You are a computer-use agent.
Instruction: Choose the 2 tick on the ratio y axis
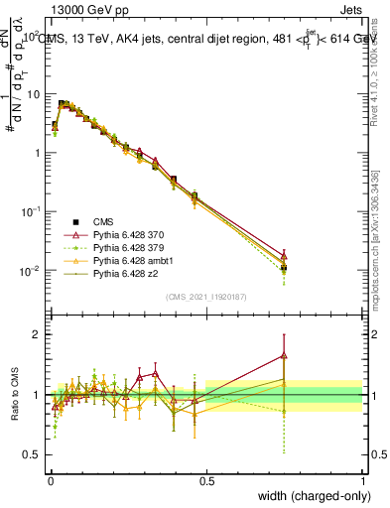38,334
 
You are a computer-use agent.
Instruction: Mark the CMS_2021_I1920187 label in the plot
205,297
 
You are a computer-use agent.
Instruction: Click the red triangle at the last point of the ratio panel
284,354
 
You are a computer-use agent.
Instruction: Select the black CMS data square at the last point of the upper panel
284,268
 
